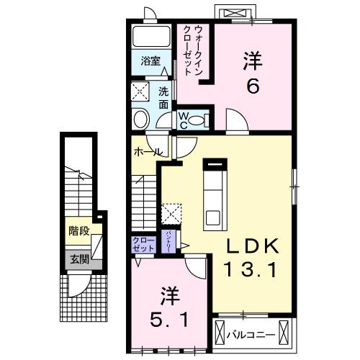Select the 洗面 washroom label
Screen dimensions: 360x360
tap(163, 96)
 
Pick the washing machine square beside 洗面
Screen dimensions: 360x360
tap(141, 92)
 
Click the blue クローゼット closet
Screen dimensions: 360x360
tap(143, 244)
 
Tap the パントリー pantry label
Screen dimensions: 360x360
tap(168, 239)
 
